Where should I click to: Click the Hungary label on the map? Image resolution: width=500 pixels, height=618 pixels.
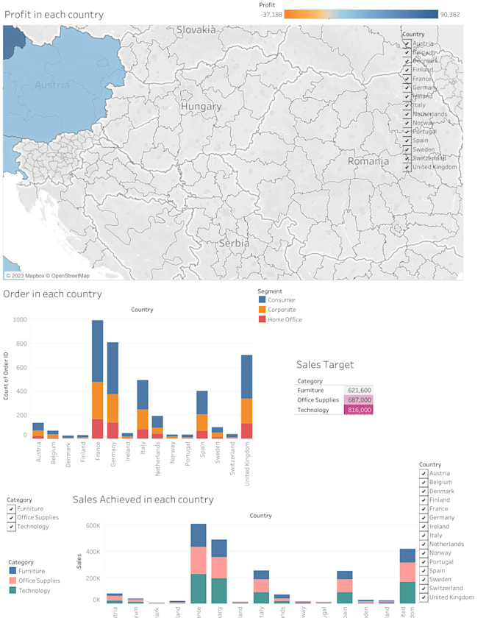201,107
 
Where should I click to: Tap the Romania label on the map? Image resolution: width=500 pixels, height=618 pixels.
368,161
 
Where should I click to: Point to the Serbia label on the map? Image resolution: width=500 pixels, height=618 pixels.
234,243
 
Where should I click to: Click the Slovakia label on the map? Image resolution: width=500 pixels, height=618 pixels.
196,30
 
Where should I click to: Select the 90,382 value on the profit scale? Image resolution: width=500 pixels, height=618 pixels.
449,14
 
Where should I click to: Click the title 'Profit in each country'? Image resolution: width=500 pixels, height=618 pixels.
54,15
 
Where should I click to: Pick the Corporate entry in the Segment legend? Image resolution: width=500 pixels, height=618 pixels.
282,310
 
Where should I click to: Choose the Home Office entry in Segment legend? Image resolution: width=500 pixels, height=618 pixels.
285,319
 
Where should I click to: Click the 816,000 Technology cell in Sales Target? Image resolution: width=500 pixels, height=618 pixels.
358,410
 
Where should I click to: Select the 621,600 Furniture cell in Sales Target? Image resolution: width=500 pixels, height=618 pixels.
358,390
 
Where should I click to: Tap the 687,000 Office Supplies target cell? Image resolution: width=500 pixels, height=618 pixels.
358,399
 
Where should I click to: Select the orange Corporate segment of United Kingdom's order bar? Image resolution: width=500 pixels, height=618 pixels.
247,411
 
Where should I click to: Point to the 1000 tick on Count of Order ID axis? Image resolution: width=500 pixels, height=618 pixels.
19,320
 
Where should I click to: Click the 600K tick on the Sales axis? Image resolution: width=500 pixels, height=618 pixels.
92,525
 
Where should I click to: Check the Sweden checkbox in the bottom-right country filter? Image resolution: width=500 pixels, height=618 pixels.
424,580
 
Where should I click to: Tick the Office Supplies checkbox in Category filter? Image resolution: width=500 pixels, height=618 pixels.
12,518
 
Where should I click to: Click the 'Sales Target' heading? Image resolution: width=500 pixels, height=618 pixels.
325,364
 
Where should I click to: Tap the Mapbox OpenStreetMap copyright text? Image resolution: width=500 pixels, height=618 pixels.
48,276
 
